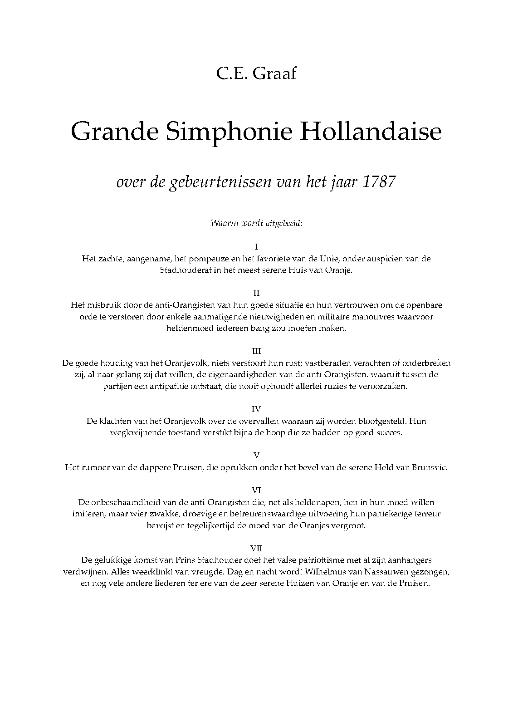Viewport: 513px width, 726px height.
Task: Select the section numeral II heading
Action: pyautogui.click(x=256, y=293)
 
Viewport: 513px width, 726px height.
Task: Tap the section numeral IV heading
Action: pyautogui.click(x=256, y=409)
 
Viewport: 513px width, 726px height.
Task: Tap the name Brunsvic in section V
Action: pyautogui.click(x=429, y=467)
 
